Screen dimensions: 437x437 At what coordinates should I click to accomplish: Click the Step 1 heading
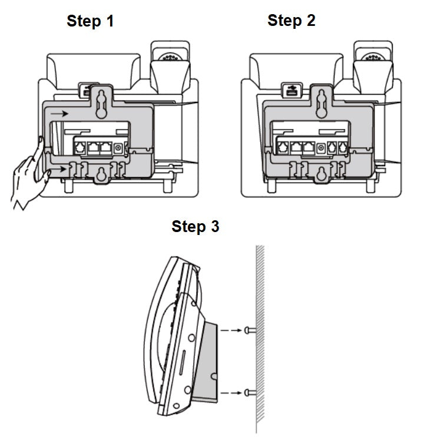click(90, 22)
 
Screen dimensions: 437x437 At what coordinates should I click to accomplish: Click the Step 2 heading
click(292, 21)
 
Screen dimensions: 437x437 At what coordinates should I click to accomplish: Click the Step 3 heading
click(195, 226)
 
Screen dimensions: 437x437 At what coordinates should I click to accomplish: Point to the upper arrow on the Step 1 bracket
click(59, 112)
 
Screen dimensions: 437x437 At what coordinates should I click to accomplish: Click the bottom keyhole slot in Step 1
click(101, 175)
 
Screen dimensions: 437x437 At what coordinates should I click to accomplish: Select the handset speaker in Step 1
click(170, 58)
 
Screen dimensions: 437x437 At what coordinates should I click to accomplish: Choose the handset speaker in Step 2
click(373, 58)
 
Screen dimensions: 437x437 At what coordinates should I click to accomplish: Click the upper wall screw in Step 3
click(249, 331)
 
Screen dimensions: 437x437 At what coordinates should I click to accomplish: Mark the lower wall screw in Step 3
click(249, 392)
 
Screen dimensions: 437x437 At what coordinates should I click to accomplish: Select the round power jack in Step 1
click(119, 148)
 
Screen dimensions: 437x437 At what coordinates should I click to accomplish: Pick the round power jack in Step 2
click(321, 148)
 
